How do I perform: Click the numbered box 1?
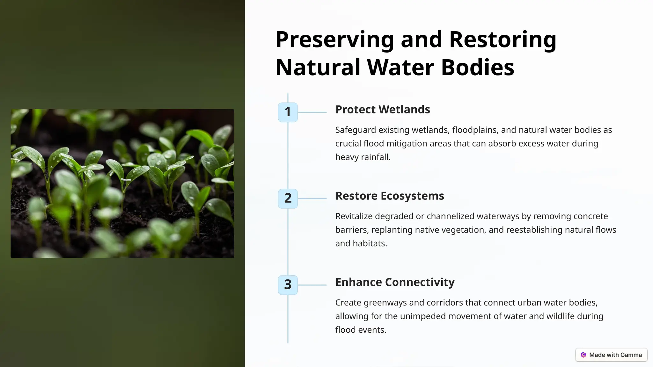288,112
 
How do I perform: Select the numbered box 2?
288,198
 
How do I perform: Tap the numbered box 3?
288,285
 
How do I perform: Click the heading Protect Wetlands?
382,110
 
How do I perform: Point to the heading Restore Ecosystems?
389,196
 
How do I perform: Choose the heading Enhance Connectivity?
395,282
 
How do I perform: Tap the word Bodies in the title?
477,68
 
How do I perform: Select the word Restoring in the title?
503,40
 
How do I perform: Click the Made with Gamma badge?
611,355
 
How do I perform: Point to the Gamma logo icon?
583,355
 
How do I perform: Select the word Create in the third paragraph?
348,303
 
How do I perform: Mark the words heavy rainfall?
363,157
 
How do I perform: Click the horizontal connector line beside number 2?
312,198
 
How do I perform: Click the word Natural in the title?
318,68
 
